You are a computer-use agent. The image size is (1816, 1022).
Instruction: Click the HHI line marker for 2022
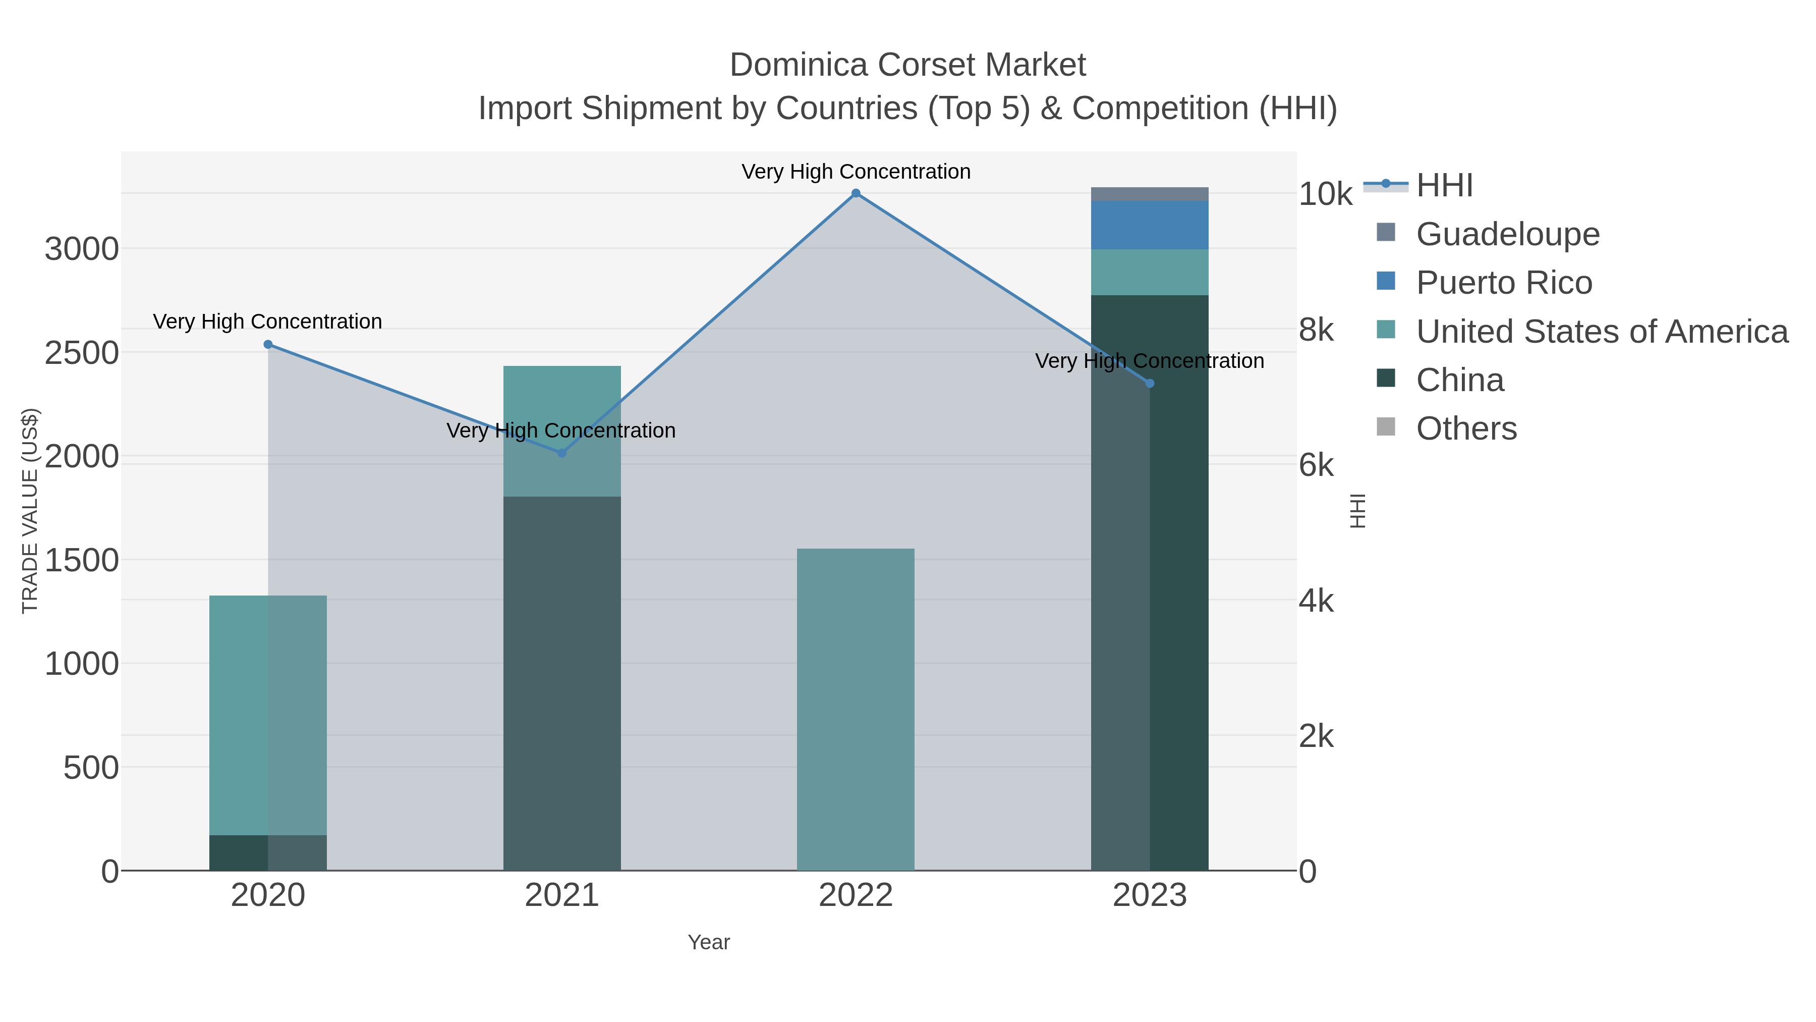(856, 193)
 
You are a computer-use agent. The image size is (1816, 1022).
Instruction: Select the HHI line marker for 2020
(268, 344)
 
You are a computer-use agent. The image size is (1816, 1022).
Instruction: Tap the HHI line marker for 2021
(562, 453)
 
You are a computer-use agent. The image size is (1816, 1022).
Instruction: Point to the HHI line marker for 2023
(1150, 383)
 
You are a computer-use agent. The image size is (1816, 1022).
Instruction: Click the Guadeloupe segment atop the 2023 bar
(1150, 194)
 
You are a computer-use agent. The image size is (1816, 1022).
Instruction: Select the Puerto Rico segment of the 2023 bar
(1150, 225)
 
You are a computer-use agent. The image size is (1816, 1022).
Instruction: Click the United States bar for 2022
(856, 709)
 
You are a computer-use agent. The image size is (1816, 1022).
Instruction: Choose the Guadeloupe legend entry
(1507, 234)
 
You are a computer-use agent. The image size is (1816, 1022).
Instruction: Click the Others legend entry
(1466, 429)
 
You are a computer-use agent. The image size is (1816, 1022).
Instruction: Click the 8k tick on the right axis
(1316, 330)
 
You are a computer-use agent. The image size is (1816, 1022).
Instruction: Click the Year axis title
(709, 942)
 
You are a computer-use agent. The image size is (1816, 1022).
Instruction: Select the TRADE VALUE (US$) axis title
(30, 511)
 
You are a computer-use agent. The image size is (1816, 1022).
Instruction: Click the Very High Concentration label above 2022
(856, 172)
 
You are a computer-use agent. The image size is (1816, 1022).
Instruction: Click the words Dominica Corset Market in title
(907, 65)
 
